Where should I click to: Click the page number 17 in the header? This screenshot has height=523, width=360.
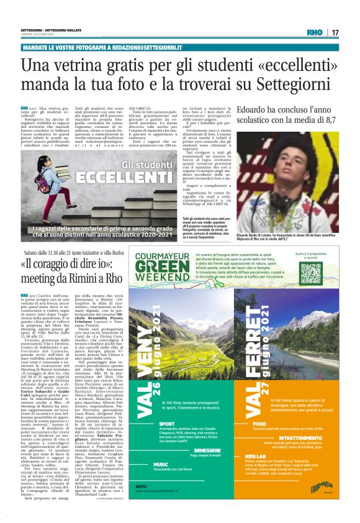click(x=351, y=32)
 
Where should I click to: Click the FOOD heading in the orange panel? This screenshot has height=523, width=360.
click(x=260, y=441)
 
